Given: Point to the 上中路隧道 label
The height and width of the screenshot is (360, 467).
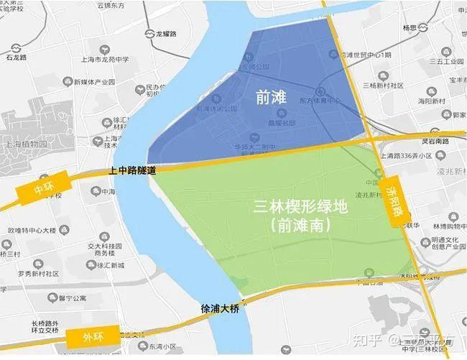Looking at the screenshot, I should pos(132,171).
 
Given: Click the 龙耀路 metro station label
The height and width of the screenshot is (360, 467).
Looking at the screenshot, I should pos(169,33).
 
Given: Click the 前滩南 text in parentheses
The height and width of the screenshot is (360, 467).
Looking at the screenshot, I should pos(301,226).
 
